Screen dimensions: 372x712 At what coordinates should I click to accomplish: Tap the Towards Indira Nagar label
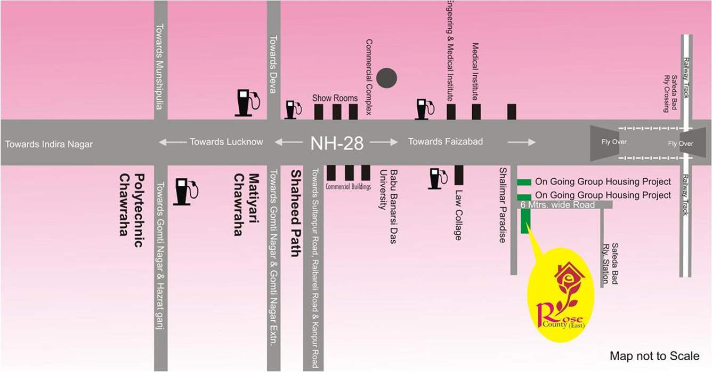tap(49, 144)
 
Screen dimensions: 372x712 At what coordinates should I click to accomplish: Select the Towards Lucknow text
tap(226, 142)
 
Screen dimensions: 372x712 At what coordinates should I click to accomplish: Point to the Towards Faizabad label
tap(446, 141)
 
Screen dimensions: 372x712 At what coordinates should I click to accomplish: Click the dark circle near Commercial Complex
tap(386, 78)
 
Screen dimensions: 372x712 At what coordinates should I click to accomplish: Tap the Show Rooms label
tap(335, 98)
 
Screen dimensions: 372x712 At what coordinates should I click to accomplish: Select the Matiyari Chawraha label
tap(246, 204)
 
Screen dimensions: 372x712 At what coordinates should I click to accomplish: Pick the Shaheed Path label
tap(295, 213)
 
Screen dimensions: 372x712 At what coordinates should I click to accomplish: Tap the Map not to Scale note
tap(654, 356)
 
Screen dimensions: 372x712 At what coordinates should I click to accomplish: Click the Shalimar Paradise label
tap(502, 205)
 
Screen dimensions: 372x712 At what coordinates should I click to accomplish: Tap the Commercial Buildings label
tap(349, 187)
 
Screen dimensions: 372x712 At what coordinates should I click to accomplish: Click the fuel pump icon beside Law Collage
tap(438, 179)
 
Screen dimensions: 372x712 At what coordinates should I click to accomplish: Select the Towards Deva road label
tap(273, 64)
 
